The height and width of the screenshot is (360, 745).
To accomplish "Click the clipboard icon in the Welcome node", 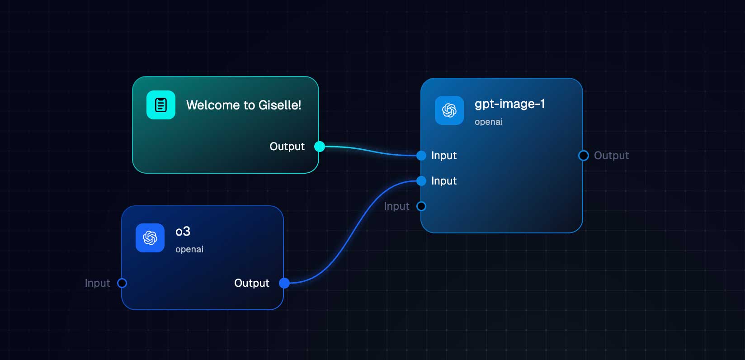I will click(161, 105).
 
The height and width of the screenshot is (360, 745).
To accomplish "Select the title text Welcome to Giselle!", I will click(244, 105).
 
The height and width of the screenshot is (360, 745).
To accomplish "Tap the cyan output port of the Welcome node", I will click(319, 147).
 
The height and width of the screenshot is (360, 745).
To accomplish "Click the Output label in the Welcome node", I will click(287, 147).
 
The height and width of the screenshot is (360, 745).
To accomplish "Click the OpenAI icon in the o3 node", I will click(150, 238).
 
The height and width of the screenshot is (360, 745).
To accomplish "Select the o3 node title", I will click(183, 232).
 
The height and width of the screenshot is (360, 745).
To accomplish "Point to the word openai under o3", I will click(189, 250).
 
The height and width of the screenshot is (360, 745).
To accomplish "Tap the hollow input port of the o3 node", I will click(122, 283).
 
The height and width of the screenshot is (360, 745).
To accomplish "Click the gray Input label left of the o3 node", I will click(97, 283).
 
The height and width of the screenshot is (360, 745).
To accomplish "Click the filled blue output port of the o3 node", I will click(284, 283).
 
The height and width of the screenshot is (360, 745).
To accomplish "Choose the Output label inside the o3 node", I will click(251, 283).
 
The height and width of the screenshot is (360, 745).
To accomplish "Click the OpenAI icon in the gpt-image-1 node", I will click(449, 110).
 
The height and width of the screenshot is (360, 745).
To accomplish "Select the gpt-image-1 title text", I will click(509, 104).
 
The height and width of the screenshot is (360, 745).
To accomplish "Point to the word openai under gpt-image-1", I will click(488, 122).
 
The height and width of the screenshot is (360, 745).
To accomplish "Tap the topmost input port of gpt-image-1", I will click(421, 156).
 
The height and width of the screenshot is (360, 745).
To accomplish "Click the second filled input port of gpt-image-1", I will click(421, 181).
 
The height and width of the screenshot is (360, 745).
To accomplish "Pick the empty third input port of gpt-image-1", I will click(421, 206).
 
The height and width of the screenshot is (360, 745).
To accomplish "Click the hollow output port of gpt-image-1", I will click(584, 156).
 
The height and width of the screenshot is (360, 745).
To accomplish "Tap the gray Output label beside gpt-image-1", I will click(611, 156).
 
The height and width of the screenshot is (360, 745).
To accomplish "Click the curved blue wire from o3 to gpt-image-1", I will click(353, 231).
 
